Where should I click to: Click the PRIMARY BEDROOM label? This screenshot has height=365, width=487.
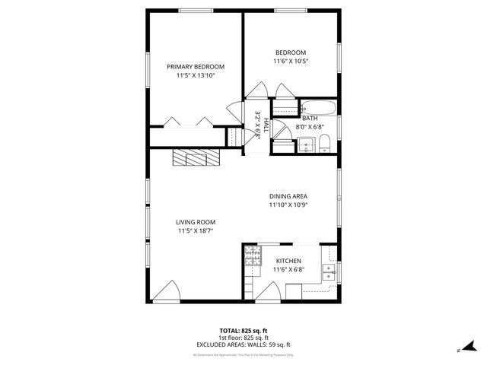[196, 67]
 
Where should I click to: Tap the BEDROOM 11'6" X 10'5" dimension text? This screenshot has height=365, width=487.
[291, 62]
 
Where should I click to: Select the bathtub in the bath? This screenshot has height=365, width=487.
[315, 107]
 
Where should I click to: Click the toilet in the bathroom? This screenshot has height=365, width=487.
[323, 143]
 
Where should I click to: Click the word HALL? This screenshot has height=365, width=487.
[266, 125]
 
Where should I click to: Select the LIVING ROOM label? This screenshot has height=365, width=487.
[196, 222]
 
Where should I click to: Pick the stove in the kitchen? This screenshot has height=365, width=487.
[251, 262]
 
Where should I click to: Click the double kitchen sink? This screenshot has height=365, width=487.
[329, 271]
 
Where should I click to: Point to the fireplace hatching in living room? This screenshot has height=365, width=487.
[196, 157]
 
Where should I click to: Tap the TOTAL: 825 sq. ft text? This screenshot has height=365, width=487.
[243, 330]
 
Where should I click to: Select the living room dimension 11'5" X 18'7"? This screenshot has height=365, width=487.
[196, 230]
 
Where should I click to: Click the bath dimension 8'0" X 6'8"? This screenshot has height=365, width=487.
[310, 127]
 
